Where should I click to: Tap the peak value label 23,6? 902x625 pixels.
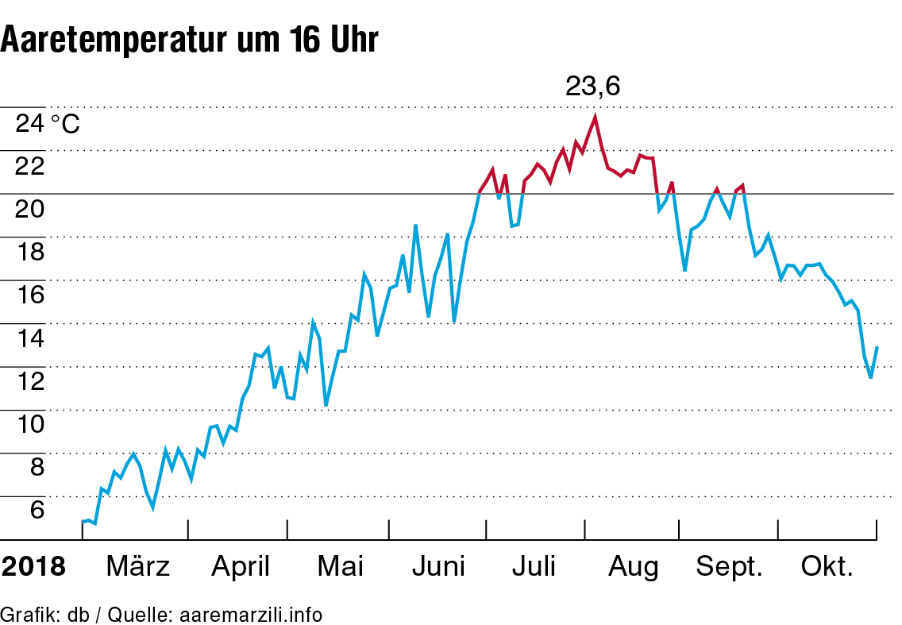[592, 86]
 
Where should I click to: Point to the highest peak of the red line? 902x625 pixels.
[595, 117]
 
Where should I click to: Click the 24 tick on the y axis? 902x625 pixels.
[31, 124]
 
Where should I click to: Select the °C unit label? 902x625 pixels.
[65, 125]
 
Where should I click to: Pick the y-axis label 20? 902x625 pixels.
[31, 210]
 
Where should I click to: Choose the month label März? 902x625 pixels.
[137, 567]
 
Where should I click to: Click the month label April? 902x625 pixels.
[241, 567]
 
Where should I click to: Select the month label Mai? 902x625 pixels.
[340, 567]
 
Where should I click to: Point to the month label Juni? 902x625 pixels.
[439, 567]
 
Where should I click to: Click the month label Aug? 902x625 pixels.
[634, 567]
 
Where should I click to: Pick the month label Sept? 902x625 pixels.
[729, 567]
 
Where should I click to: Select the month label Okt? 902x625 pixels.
[827, 567]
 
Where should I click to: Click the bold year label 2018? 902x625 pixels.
[33, 567]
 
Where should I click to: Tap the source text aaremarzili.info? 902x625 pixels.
[251, 615]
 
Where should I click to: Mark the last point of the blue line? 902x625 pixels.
[877, 347]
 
